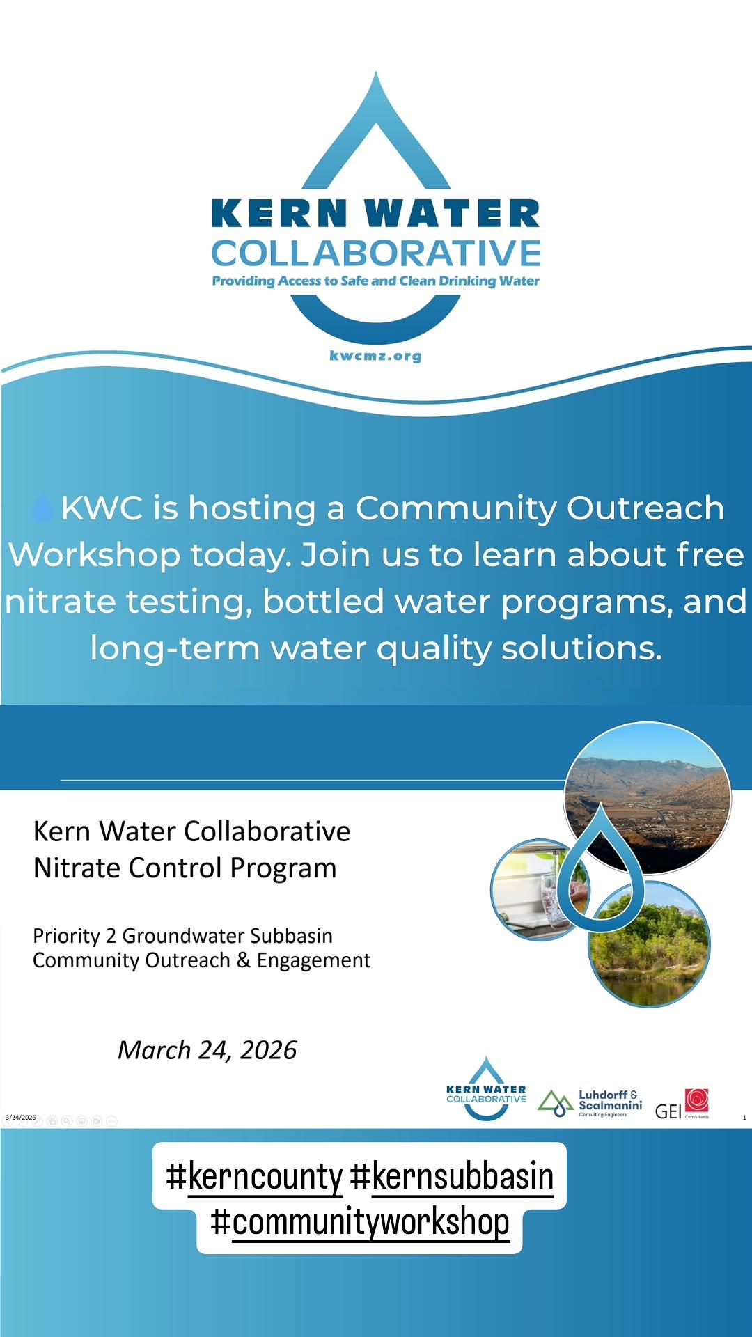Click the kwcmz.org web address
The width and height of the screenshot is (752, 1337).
pos(375,356)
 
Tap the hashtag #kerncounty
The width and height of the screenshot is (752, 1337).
pos(254,1176)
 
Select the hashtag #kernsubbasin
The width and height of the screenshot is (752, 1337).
pos(452,1176)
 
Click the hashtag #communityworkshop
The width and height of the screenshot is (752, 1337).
pos(360,1222)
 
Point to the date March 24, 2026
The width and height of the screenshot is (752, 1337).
pos(207,1049)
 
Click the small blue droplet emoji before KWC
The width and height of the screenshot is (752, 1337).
pos(42,508)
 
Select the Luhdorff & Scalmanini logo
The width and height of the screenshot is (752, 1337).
pos(590,1104)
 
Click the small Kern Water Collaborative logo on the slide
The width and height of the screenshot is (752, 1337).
pos(486,1089)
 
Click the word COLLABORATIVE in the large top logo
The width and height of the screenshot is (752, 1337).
pos(376,253)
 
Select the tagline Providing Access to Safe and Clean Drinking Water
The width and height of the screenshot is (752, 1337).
pos(376,281)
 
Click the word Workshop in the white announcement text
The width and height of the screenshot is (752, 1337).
pos(94,555)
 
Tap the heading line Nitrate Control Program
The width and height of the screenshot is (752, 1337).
pos(185,868)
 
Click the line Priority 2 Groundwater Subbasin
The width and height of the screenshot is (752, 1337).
pos(182,935)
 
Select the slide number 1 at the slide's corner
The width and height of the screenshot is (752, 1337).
pos(744,1118)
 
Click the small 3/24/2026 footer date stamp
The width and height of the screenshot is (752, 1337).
pos(21,1117)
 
